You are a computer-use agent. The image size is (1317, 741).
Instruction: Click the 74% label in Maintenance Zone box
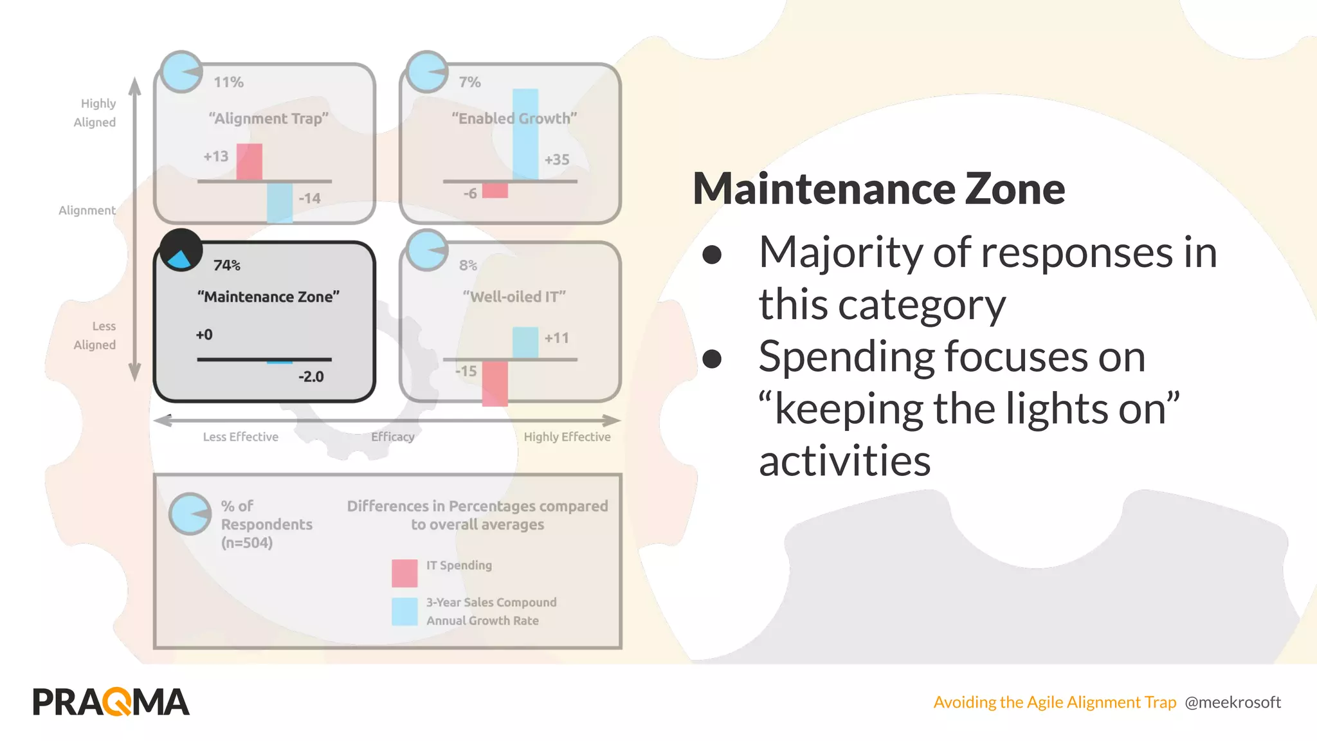[226, 265]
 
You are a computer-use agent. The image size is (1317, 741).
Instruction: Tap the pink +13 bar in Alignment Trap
[249, 162]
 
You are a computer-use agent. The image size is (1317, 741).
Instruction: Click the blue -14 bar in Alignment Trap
[280, 203]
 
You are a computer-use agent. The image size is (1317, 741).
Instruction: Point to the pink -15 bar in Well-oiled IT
[495, 383]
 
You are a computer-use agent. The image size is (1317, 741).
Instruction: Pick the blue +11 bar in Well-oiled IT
[525, 343]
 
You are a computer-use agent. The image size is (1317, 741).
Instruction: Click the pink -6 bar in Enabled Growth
[495, 190]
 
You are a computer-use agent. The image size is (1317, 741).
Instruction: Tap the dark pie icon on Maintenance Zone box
[181, 250]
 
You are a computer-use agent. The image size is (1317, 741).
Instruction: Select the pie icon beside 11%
[181, 71]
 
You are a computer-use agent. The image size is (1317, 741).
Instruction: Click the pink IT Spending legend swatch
[404, 572]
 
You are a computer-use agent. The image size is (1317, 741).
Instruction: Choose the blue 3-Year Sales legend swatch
[404, 611]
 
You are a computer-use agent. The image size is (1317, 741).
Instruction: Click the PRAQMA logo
[111, 701]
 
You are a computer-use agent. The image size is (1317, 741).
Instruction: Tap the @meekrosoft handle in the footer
[1233, 702]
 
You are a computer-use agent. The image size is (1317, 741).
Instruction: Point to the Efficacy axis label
[392, 437]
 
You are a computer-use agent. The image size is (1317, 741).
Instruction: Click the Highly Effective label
[567, 437]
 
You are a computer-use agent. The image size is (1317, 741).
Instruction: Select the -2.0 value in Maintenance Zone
[311, 377]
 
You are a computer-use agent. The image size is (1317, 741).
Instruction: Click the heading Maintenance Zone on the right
[878, 188]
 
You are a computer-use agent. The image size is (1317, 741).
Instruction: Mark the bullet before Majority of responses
[712, 255]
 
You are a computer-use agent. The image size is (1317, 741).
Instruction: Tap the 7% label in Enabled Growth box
[469, 82]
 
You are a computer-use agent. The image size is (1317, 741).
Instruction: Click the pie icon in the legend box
[190, 514]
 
